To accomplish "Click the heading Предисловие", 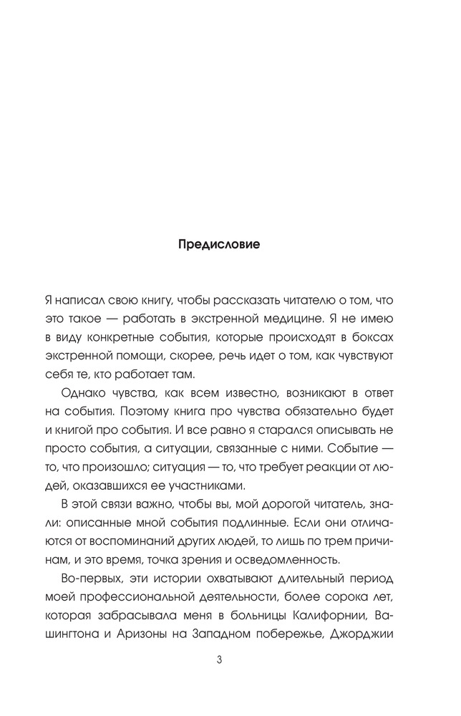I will pyautogui.click(x=218, y=244).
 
